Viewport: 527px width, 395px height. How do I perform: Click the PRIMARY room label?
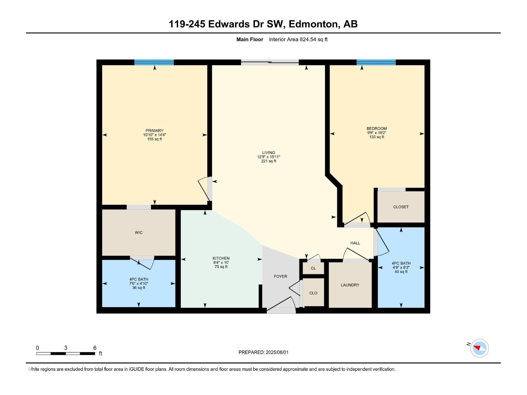(x=154, y=131)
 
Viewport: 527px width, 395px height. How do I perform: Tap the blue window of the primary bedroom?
(x=154, y=62)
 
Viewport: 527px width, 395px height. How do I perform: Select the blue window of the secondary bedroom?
(x=376, y=62)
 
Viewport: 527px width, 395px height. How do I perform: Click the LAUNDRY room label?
(x=350, y=285)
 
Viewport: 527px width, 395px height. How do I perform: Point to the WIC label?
(x=139, y=233)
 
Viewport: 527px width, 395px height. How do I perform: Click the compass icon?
(x=479, y=348)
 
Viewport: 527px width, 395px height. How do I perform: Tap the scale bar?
(x=66, y=354)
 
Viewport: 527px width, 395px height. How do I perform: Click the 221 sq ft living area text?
(x=269, y=161)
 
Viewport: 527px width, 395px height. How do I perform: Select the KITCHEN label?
(x=221, y=258)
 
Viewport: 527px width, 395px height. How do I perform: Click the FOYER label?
(x=281, y=276)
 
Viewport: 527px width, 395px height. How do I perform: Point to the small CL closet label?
(x=313, y=268)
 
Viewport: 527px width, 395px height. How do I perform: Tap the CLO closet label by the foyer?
(x=313, y=293)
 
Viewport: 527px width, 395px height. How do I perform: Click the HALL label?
(x=355, y=243)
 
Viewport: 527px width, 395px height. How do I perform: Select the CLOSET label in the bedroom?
(x=401, y=207)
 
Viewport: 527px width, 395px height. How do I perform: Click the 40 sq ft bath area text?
(x=401, y=272)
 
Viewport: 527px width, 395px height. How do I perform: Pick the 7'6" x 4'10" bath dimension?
(x=139, y=283)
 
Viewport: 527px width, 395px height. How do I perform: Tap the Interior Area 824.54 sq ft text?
(x=298, y=39)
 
